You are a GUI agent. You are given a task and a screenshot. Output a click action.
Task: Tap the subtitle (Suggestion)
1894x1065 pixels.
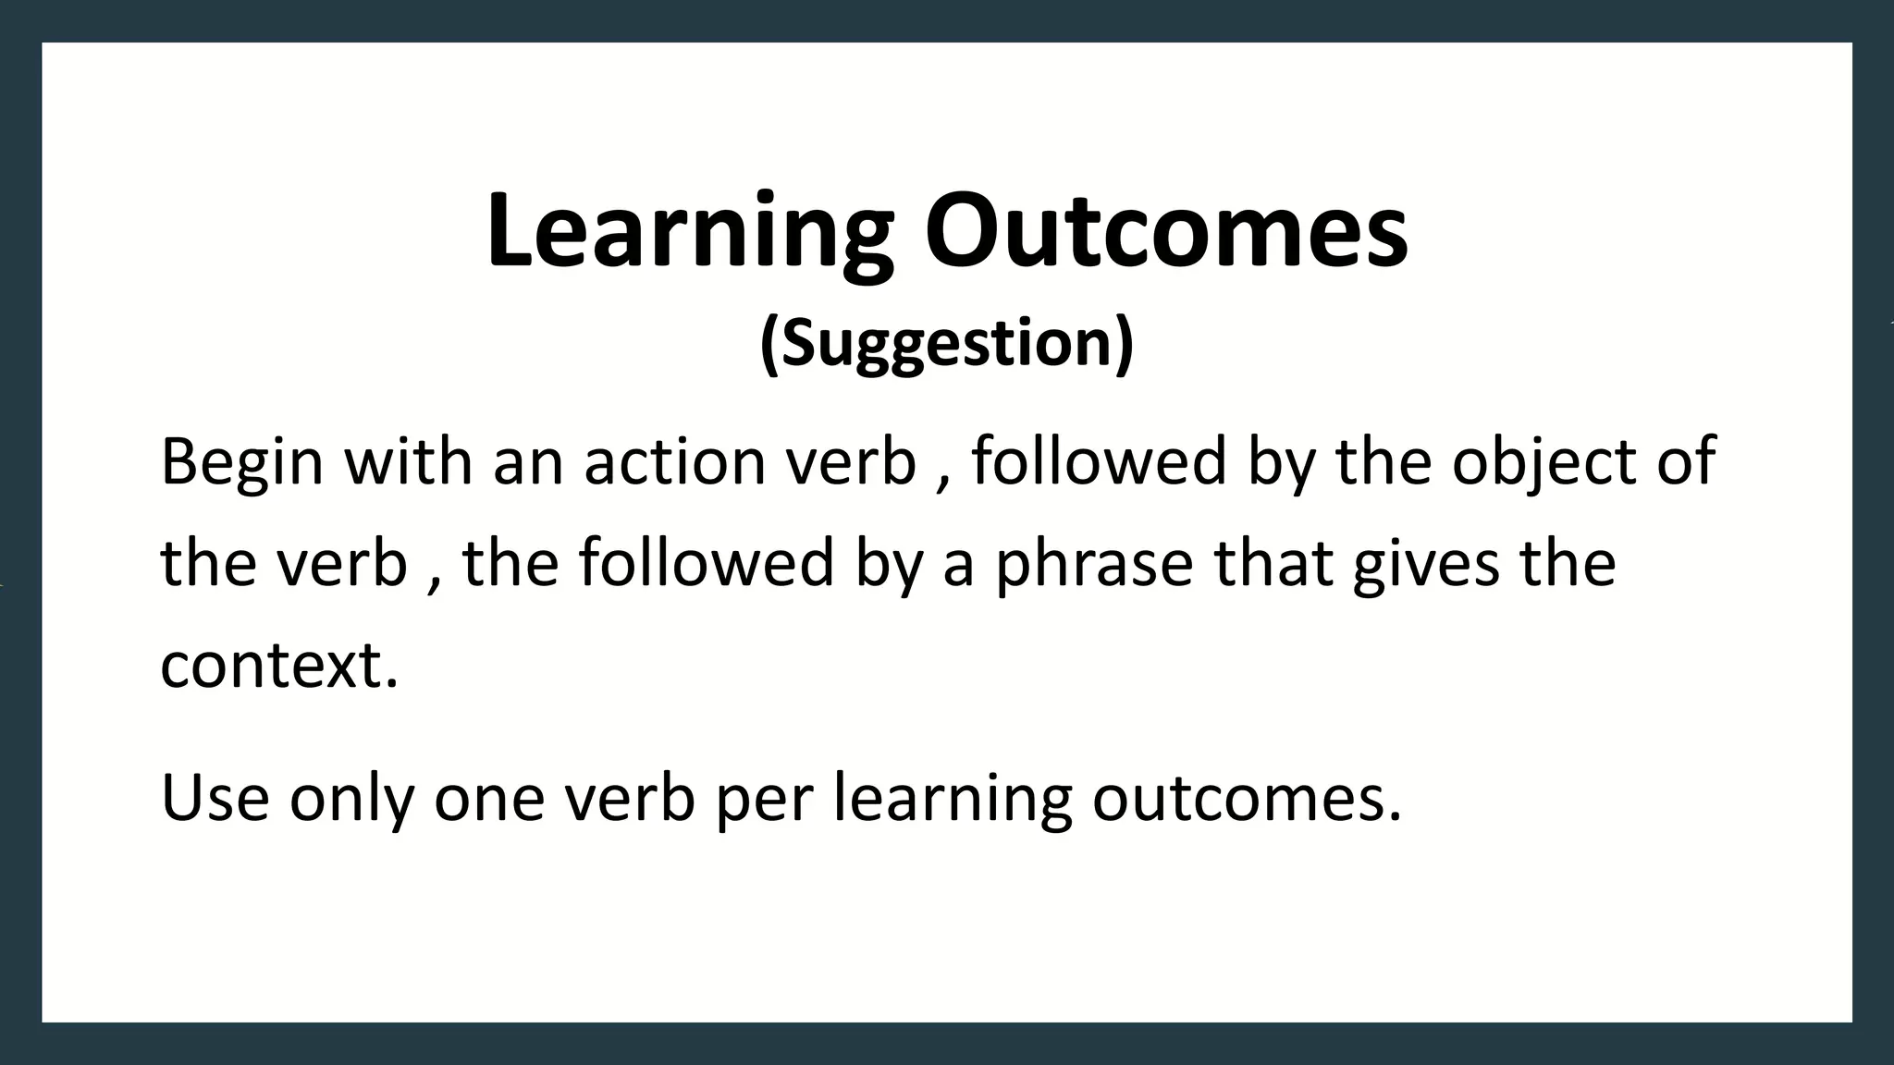click(x=946, y=343)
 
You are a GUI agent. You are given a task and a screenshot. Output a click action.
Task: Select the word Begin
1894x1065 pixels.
click(x=241, y=462)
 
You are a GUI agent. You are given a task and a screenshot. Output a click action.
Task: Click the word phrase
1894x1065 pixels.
click(x=1094, y=564)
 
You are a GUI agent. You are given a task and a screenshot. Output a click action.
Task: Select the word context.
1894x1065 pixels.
click(x=279, y=666)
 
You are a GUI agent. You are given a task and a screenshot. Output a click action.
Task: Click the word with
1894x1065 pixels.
click(x=408, y=462)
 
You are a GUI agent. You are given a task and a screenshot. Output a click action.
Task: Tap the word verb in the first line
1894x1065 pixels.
click(x=850, y=462)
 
